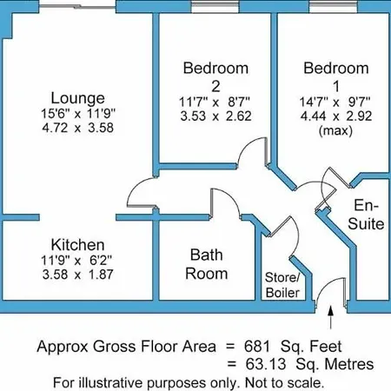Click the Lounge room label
[x=77, y=98]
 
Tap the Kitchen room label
[x=77, y=245]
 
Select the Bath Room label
[x=207, y=264]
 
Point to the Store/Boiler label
[x=282, y=285]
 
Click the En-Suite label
[x=366, y=215]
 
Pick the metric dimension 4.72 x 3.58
[x=77, y=128]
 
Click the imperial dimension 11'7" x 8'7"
[x=215, y=102]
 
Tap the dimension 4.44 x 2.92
[x=336, y=116]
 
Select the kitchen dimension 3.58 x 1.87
[x=77, y=275]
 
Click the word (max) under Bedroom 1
[x=335, y=131]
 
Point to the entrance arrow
[x=331, y=317]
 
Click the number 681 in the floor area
[x=257, y=346]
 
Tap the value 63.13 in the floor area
[x=266, y=364]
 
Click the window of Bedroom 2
[x=215, y=6]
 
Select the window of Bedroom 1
[x=333, y=6]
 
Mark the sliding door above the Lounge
[x=77, y=6]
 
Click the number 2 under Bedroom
[x=215, y=86]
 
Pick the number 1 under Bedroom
[x=336, y=86]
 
